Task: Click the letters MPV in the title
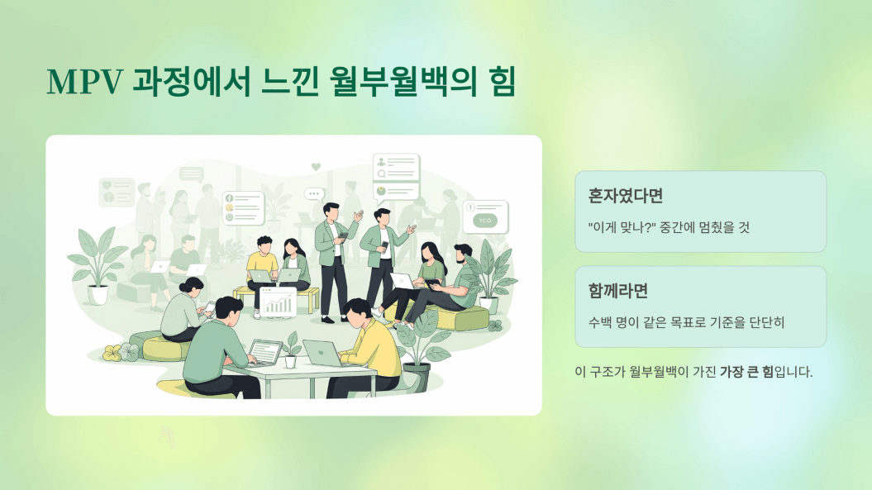pos(84,82)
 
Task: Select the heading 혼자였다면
pos(625,196)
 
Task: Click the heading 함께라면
pos(618,291)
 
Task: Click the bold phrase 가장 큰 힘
pos(746,372)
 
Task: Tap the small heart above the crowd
pos(316,166)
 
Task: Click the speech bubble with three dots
pos(314,194)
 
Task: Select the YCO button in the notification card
pos(485,221)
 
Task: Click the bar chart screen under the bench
pos(278,302)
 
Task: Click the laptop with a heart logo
pos(322,353)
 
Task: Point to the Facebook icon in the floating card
pos(229,198)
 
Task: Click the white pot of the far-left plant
pos(98,295)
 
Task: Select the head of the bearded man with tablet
pos(463,255)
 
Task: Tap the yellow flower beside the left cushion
pos(112,353)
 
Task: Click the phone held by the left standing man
pos(344,235)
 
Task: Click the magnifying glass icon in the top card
pos(382,174)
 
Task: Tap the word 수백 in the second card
pos(600,322)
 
